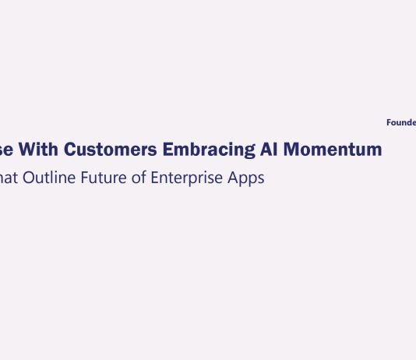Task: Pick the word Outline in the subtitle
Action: [x=49, y=178]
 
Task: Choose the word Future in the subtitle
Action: [x=105, y=178]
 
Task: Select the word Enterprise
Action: [x=189, y=178]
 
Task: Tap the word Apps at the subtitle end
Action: [x=248, y=178]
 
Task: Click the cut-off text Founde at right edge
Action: [x=401, y=122]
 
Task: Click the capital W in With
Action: [x=28, y=150]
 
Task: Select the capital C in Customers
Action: [x=70, y=150]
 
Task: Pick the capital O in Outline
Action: [x=29, y=178]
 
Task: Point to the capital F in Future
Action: [x=87, y=178]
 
